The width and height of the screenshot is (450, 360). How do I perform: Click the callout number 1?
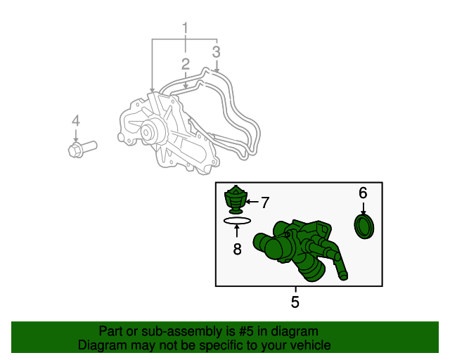click(x=186, y=29)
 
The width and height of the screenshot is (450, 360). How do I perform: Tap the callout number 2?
click(x=186, y=65)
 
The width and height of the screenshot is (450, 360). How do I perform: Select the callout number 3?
click(x=217, y=51)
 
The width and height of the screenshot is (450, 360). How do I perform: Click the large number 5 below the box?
click(x=295, y=302)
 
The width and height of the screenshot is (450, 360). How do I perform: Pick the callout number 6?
click(x=363, y=193)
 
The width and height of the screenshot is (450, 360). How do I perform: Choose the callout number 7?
click(x=265, y=203)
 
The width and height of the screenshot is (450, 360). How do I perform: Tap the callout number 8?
click(x=237, y=248)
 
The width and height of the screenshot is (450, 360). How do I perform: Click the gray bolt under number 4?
click(x=82, y=149)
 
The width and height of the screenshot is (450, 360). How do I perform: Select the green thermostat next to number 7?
click(x=236, y=200)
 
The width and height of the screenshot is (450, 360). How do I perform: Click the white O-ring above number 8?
click(x=237, y=221)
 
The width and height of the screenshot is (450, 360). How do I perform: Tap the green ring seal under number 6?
click(x=364, y=228)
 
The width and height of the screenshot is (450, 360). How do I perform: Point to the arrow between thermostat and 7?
click(x=252, y=202)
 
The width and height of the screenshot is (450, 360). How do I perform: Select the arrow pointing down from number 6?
click(x=363, y=208)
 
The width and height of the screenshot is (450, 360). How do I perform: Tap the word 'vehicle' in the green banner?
click(x=310, y=345)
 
